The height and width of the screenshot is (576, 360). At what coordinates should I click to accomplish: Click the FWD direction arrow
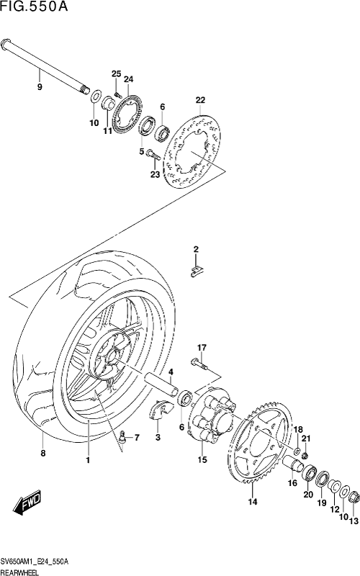click(x=27, y=502)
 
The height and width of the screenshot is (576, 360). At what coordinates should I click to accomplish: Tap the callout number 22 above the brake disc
click(x=200, y=100)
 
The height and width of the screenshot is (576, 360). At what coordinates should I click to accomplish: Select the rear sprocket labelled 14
click(x=263, y=445)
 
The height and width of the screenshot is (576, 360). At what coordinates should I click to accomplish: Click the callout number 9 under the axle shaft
click(x=40, y=87)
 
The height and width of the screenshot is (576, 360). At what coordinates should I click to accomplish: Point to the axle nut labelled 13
click(x=354, y=498)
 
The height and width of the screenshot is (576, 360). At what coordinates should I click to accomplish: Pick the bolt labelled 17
click(x=199, y=364)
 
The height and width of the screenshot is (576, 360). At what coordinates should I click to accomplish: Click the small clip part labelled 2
click(x=196, y=271)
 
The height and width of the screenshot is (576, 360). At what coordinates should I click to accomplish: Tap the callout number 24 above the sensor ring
click(x=129, y=79)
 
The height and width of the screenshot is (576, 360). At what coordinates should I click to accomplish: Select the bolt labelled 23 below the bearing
click(x=153, y=154)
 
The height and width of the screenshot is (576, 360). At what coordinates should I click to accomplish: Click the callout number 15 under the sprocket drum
click(x=202, y=459)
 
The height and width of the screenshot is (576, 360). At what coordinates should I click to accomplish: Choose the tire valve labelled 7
click(x=123, y=436)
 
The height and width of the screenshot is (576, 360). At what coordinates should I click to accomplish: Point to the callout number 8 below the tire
click(x=43, y=454)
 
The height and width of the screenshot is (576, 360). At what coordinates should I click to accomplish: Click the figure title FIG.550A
click(x=34, y=7)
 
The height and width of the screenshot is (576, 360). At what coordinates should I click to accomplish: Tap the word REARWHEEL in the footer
click(x=19, y=572)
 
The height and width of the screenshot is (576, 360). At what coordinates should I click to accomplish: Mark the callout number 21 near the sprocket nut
click(x=306, y=438)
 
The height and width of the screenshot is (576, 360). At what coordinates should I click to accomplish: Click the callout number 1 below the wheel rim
click(x=88, y=460)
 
